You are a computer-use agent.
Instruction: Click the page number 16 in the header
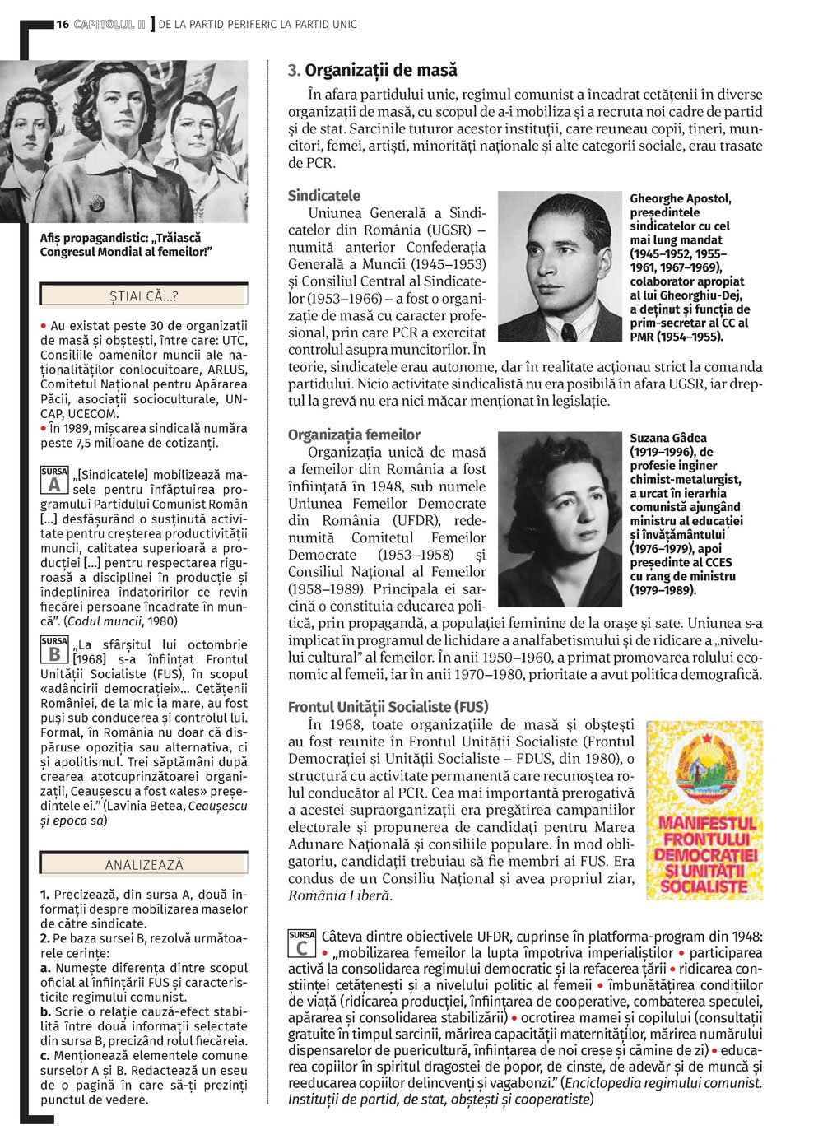(63, 25)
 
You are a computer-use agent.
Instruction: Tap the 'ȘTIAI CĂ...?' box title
(144, 295)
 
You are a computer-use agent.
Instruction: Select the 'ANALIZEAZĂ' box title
(144, 865)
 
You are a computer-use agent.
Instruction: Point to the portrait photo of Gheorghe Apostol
(560, 267)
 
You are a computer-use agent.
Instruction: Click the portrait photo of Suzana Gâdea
(560, 519)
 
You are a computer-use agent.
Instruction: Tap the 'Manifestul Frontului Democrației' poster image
(704, 811)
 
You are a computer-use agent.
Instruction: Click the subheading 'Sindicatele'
(324, 196)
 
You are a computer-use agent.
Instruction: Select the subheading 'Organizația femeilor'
(354, 435)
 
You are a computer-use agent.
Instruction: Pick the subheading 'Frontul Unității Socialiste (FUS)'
(388, 706)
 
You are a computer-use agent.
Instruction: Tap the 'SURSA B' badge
(54, 650)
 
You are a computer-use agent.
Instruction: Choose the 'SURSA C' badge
(302, 943)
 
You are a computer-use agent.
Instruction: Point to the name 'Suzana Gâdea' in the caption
(668, 438)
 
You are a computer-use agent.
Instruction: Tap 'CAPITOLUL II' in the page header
(109, 25)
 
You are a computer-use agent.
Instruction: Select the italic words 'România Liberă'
(339, 895)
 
